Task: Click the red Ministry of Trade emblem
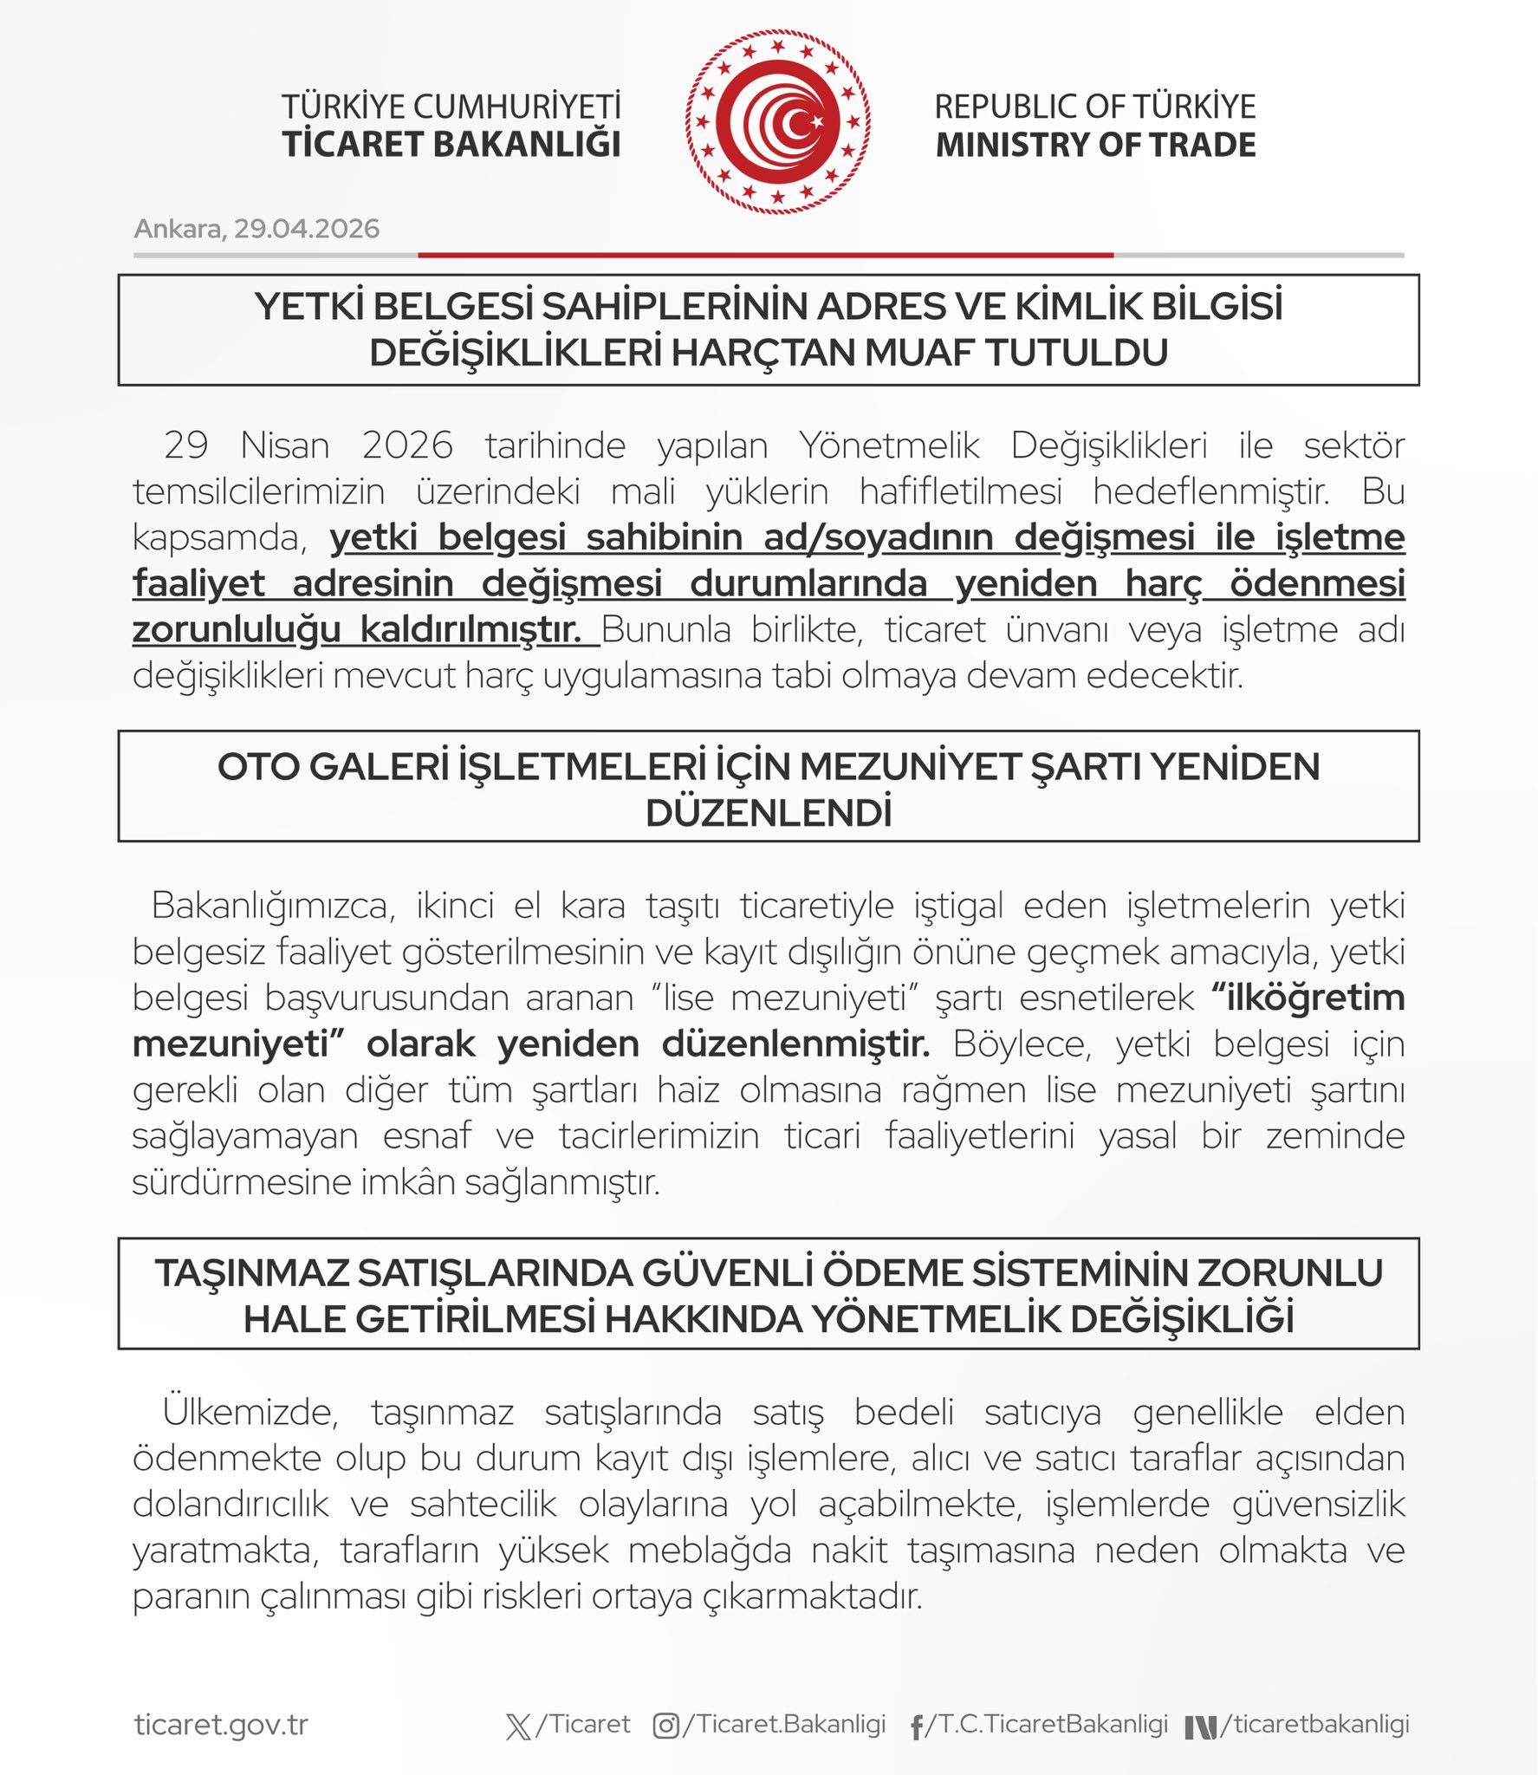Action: (x=777, y=122)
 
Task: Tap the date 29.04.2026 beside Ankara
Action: (x=307, y=229)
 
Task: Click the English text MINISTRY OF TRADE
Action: (x=1095, y=145)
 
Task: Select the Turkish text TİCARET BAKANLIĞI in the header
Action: (x=451, y=145)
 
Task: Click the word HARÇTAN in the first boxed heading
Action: (x=763, y=353)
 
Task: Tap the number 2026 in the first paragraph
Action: (x=407, y=445)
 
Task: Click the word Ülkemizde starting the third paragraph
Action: (x=250, y=1413)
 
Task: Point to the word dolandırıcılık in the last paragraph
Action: (x=230, y=1505)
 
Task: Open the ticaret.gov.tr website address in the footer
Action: (x=221, y=1725)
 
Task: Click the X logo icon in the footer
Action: (x=518, y=1726)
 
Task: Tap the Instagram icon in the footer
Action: (x=665, y=1726)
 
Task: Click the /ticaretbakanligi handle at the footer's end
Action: (x=1314, y=1724)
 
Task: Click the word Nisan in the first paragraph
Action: (x=285, y=445)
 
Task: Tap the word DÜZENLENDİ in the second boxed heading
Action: (x=769, y=814)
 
